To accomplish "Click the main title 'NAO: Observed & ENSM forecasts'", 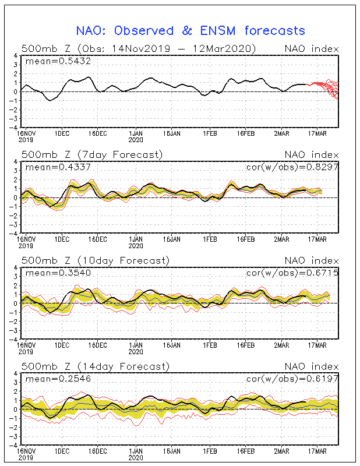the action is click(190, 31).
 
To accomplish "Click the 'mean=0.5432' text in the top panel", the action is click(58, 61).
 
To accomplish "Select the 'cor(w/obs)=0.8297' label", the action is click(292, 167).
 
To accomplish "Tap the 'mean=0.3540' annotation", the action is click(58, 273).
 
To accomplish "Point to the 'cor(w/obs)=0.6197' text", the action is click(292, 379).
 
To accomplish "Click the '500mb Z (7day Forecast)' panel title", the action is click(92, 154).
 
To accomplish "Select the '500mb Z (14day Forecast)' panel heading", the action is click(96, 366).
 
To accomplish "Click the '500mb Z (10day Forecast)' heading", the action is click(96, 260).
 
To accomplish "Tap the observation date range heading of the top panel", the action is click(139, 48).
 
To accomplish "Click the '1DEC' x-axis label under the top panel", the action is click(62, 133).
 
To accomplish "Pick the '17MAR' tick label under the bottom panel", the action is click(317, 451).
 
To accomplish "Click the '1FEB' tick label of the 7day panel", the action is click(210, 239).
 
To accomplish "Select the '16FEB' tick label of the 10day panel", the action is click(246, 345).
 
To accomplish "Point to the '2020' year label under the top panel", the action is click(136, 140).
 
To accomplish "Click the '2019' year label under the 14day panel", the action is click(26, 458).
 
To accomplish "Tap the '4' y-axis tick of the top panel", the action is click(15, 55).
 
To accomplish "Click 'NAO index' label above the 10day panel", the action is click(312, 260).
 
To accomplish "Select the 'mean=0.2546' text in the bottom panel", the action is click(58, 379).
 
